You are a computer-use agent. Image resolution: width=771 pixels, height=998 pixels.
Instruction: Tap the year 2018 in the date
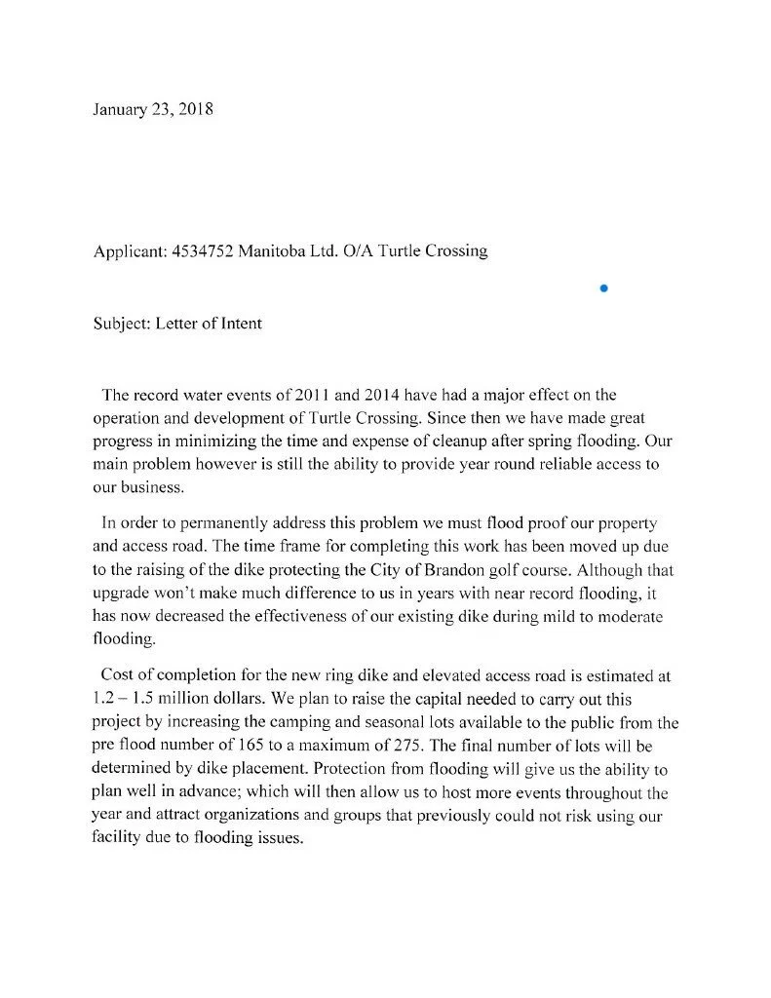194,109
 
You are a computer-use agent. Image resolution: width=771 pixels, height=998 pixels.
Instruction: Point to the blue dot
604,288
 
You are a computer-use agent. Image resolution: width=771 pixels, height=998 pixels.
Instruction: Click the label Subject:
122,324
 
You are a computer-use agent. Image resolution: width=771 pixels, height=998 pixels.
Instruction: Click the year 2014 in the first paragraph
383,395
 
